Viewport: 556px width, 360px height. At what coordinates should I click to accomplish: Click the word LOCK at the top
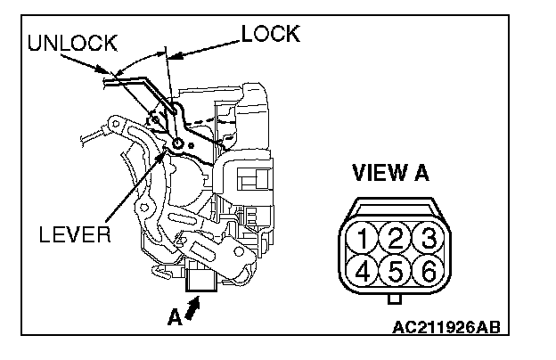click(x=270, y=34)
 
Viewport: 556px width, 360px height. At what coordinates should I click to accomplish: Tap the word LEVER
click(x=75, y=235)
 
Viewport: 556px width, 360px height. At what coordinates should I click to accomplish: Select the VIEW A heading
click(x=389, y=173)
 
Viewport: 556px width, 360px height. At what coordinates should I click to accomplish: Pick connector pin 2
click(x=393, y=238)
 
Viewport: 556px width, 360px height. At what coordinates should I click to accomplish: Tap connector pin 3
click(x=427, y=238)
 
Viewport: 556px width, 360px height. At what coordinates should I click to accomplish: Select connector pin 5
click(x=393, y=271)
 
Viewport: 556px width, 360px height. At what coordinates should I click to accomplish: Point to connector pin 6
click(x=427, y=271)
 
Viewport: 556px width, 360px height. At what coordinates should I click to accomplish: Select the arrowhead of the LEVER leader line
click(x=164, y=152)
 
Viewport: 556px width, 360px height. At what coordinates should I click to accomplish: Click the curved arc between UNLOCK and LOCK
click(x=138, y=57)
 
